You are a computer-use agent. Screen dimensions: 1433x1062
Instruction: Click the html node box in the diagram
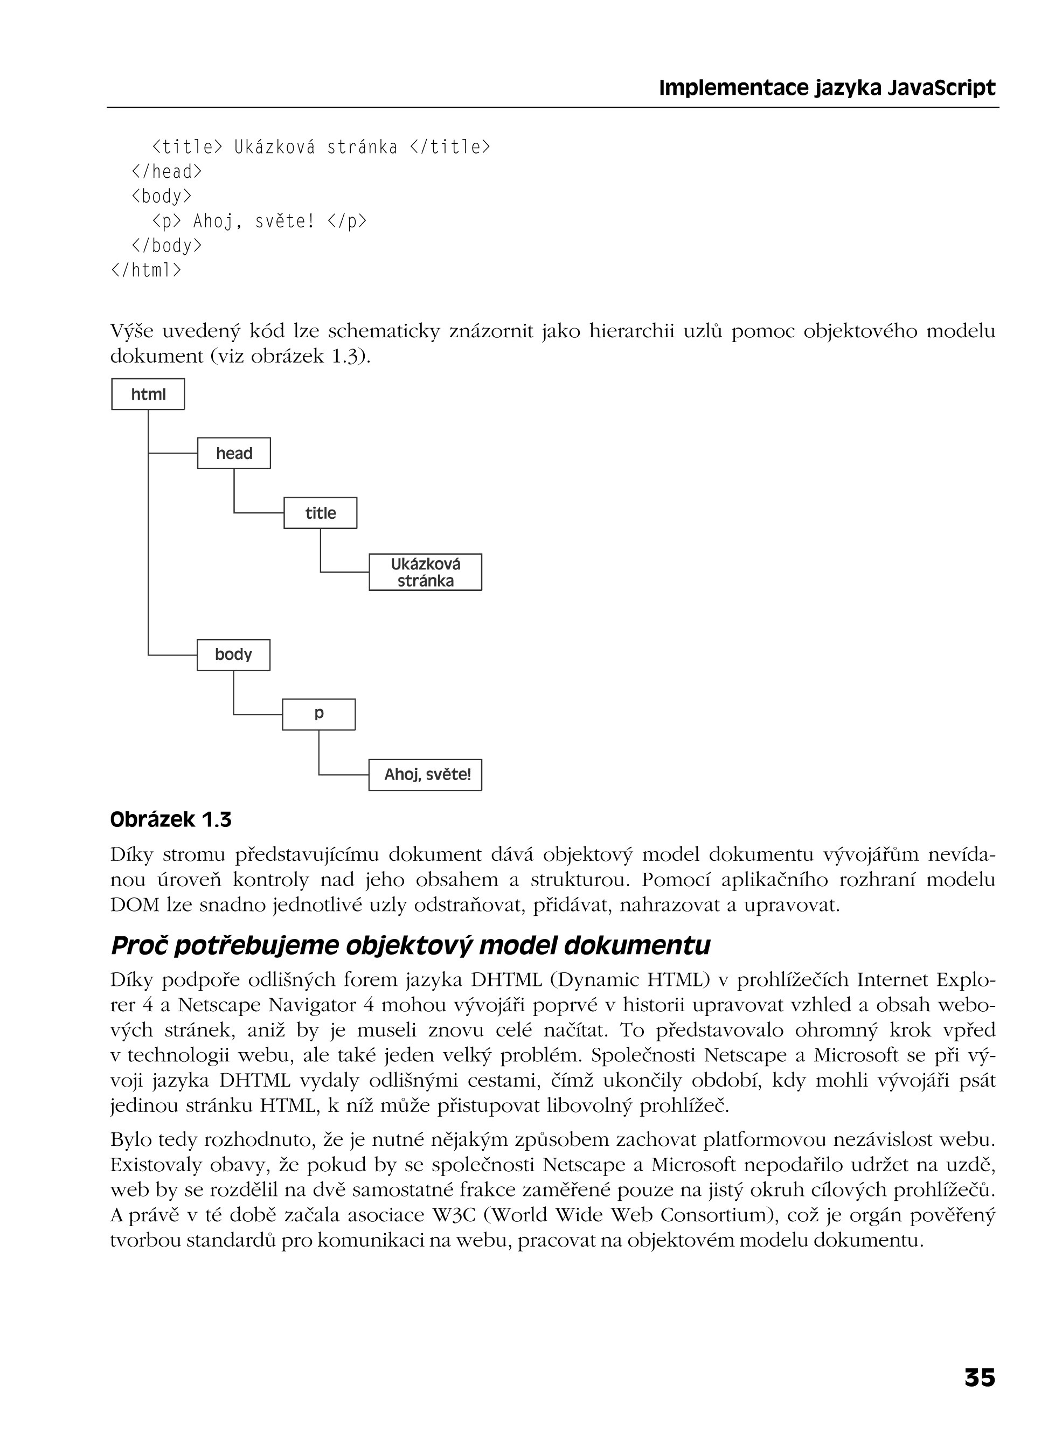pyautogui.click(x=148, y=394)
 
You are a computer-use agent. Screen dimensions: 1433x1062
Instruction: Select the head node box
pyautogui.click(x=234, y=454)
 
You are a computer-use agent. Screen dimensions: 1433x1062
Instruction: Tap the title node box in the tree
pyautogui.click(x=320, y=513)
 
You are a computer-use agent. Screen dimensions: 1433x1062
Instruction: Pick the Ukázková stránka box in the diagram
pyautogui.click(x=425, y=573)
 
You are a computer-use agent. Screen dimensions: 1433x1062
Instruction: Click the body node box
pyautogui.click(x=233, y=655)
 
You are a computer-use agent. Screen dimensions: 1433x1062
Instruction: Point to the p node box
pyautogui.click(x=319, y=714)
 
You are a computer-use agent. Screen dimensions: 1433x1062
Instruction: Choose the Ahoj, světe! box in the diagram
pyautogui.click(x=425, y=775)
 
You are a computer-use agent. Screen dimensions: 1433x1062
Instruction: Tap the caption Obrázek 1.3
pyautogui.click(x=170, y=820)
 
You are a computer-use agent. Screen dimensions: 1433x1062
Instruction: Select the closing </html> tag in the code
pyautogui.click(x=146, y=270)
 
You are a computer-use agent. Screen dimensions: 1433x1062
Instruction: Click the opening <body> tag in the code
pyautogui.click(x=161, y=196)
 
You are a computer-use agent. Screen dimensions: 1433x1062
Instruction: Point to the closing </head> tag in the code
pyautogui.click(x=166, y=171)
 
